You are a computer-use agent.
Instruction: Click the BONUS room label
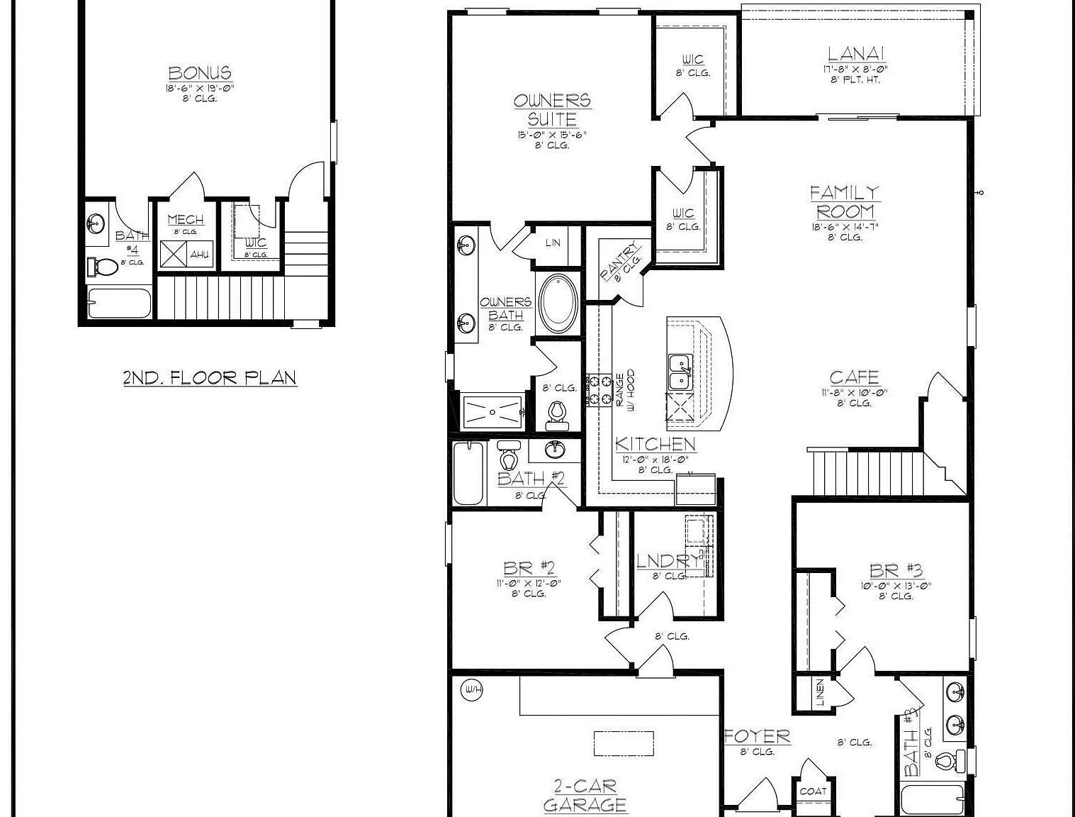[200, 73]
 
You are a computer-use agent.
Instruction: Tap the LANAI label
[856, 54]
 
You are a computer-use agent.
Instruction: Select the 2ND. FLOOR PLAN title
[210, 377]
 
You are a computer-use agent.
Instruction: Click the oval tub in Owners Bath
[558, 304]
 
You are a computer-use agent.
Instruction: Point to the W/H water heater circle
[470, 689]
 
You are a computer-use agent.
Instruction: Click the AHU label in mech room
[199, 253]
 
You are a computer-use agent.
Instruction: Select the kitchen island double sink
[681, 372]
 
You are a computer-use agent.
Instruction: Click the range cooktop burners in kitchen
[600, 390]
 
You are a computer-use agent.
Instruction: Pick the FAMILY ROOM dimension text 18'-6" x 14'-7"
[845, 227]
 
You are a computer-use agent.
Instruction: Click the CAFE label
[854, 377]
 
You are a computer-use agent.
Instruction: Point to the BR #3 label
[896, 571]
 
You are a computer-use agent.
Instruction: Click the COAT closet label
[813, 791]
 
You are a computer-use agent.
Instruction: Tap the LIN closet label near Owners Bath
[553, 243]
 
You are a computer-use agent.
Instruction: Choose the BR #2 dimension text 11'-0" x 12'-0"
[529, 583]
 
